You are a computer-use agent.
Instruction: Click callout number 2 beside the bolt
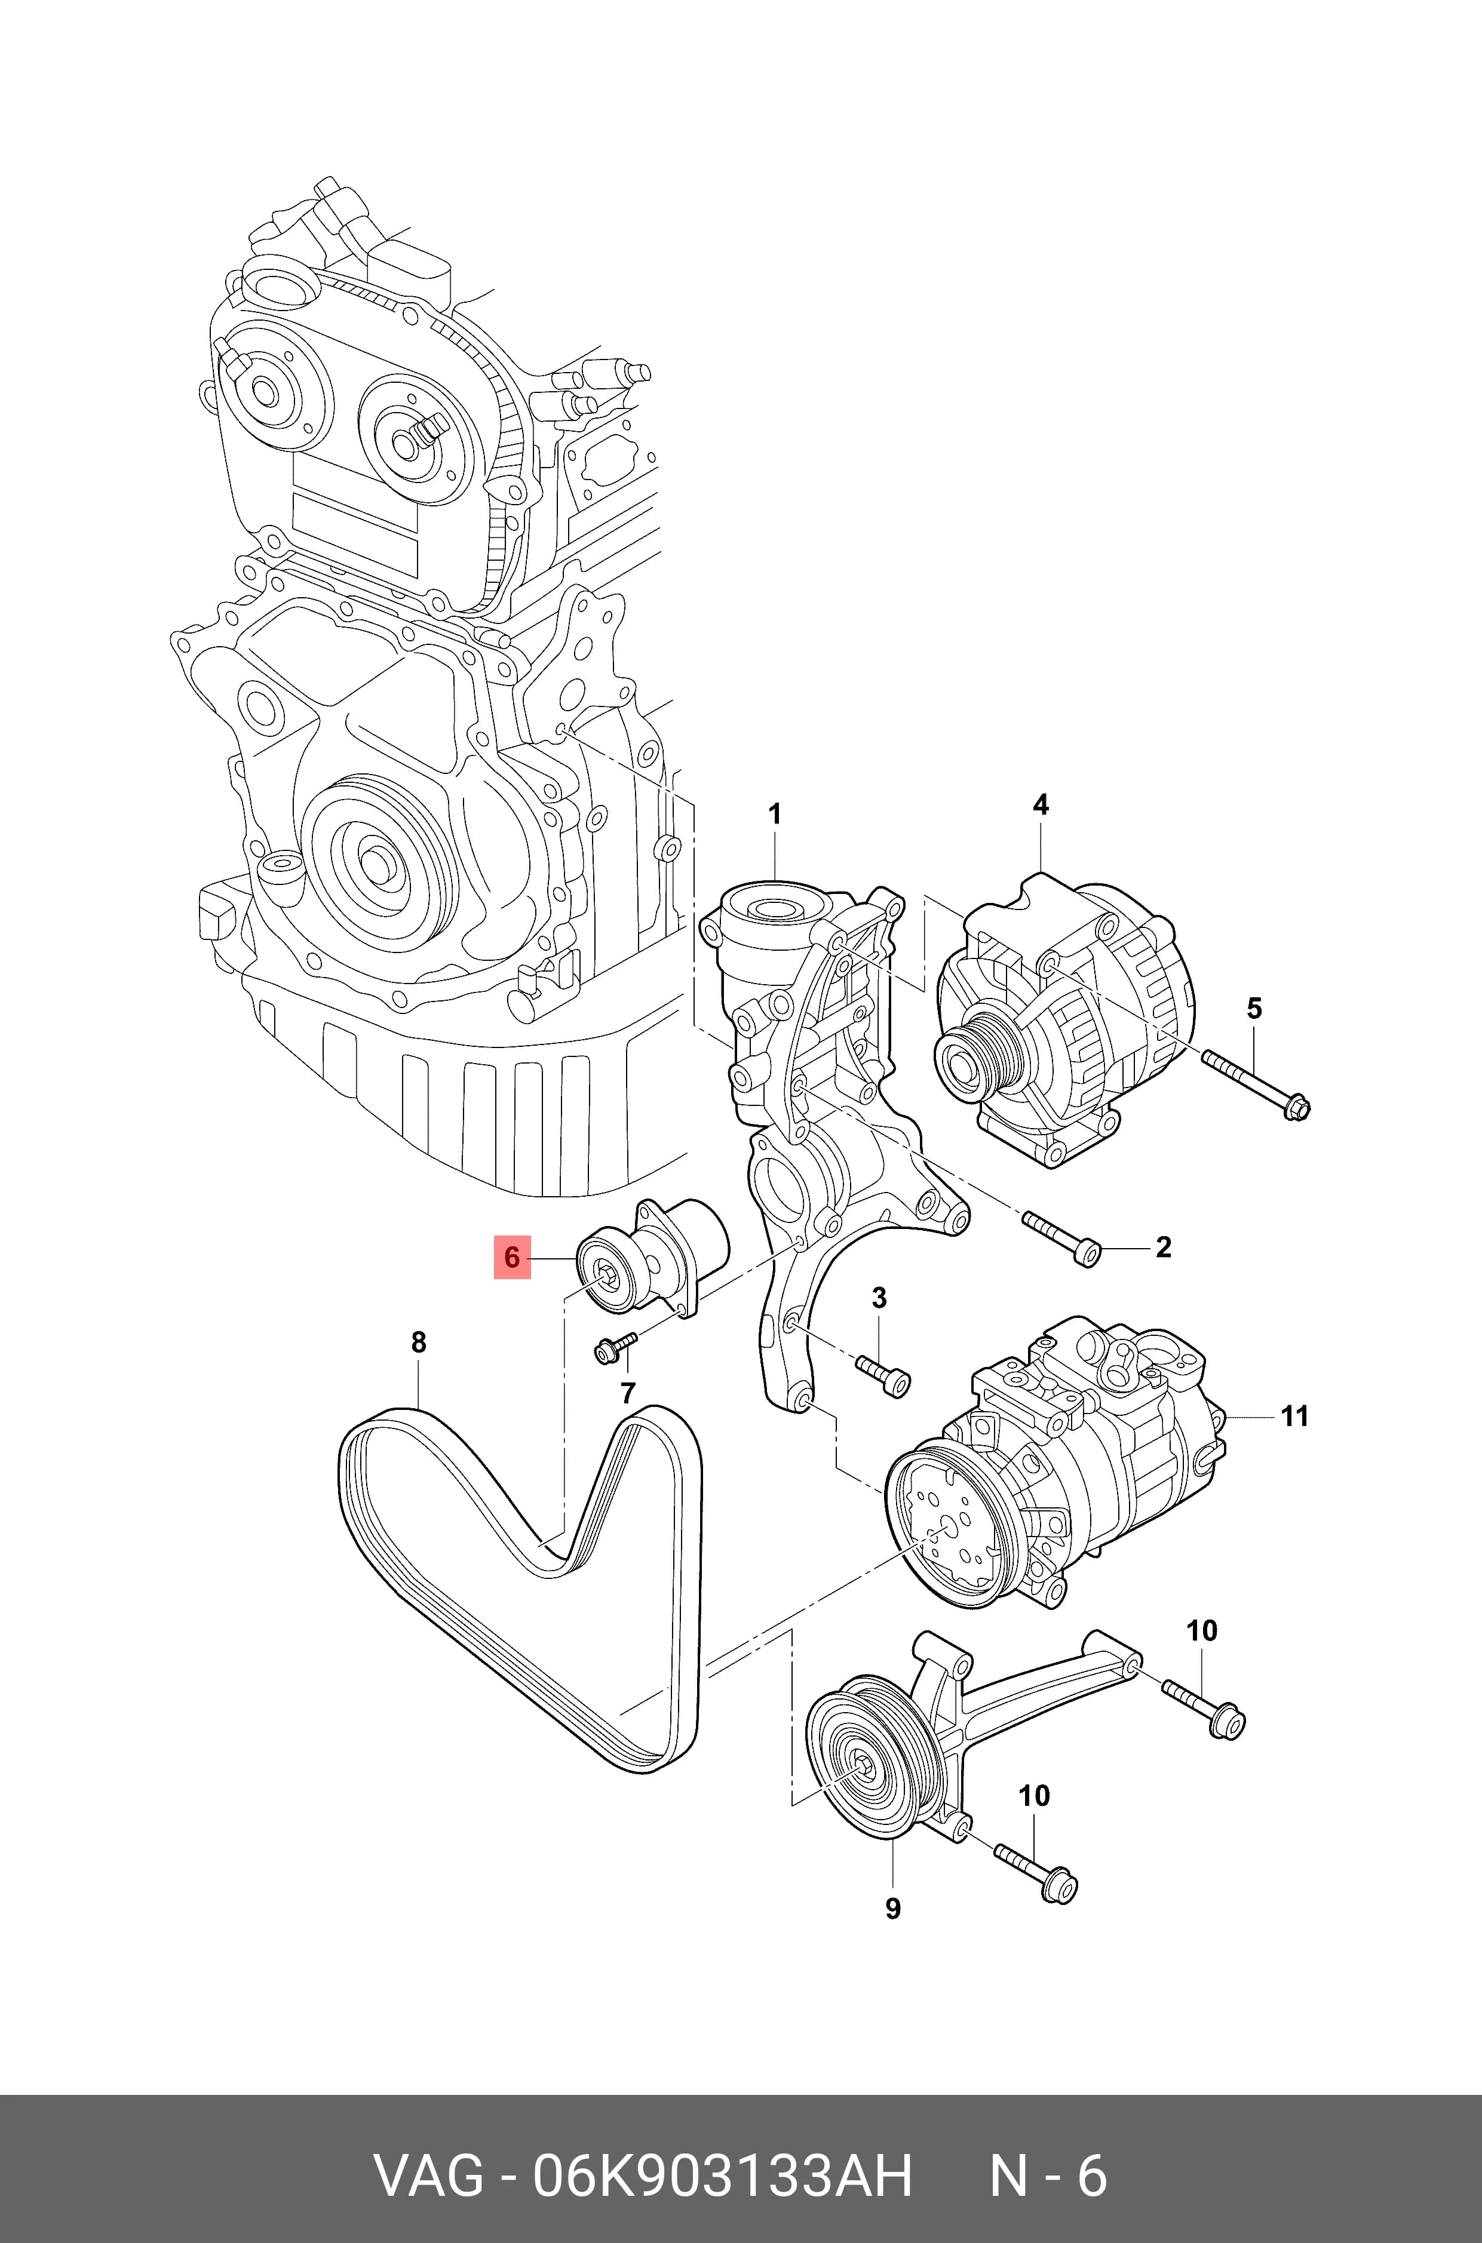coord(1164,1247)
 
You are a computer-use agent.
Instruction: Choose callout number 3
coord(879,1298)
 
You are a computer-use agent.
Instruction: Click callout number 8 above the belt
coord(419,1342)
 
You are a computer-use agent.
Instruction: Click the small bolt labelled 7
coord(616,1348)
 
